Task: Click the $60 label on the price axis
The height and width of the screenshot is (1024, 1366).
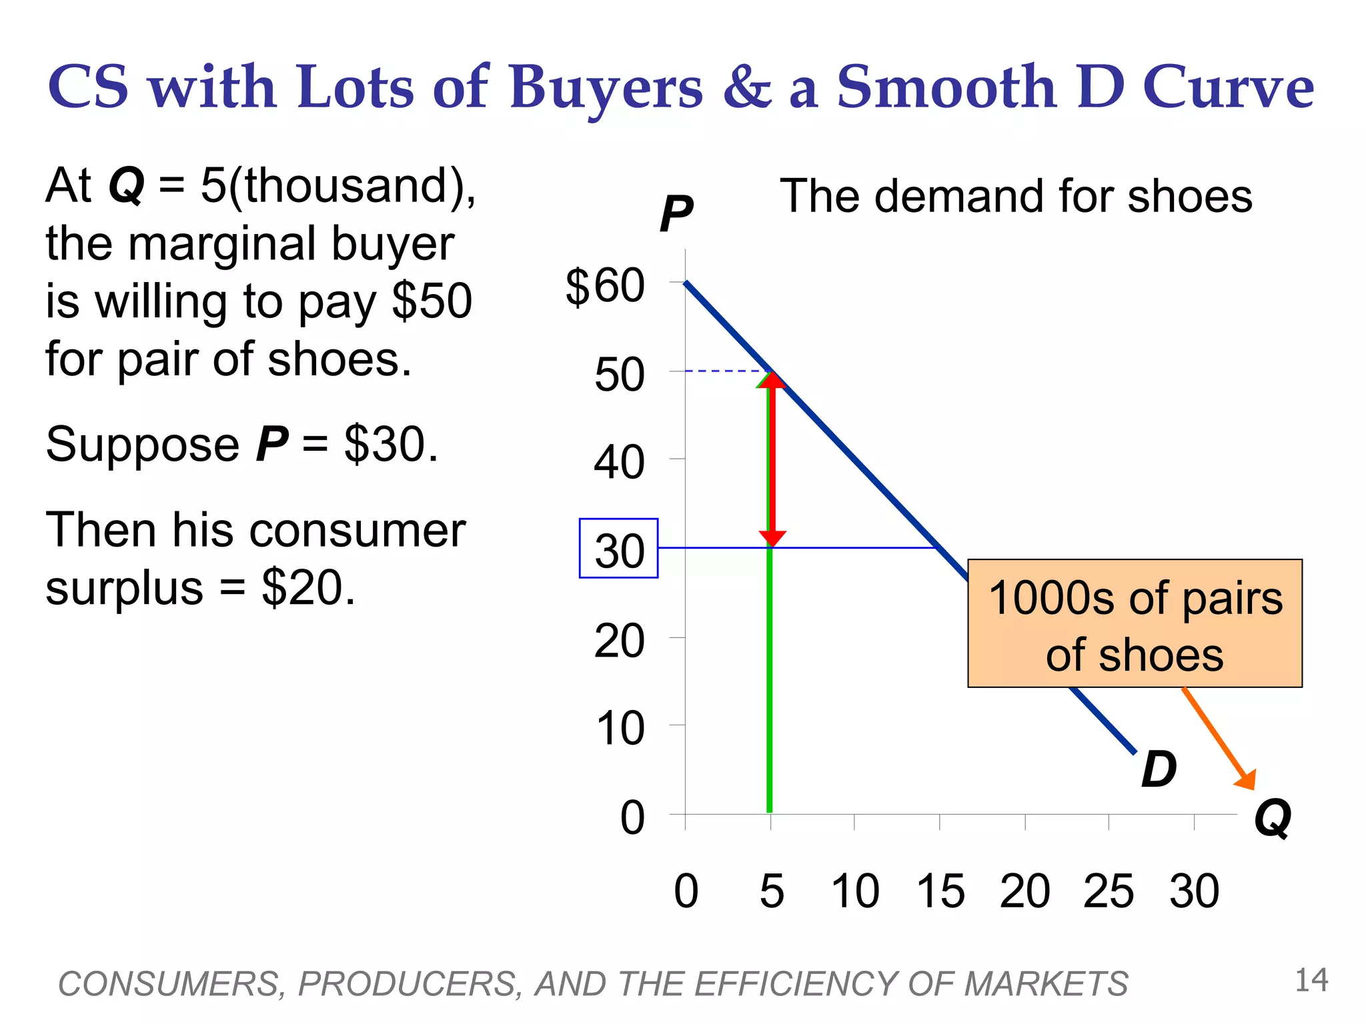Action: click(x=605, y=287)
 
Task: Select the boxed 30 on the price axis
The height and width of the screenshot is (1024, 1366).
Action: click(x=618, y=548)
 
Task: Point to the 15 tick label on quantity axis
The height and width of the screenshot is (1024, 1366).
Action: click(x=940, y=891)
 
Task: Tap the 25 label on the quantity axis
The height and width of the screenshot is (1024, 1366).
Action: click(x=1108, y=891)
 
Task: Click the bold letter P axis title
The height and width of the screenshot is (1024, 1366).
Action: click(x=676, y=215)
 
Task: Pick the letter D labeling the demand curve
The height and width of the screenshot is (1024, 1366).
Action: click(x=1159, y=769)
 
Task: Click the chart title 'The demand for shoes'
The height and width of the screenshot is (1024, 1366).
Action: click(x=1016, y=196)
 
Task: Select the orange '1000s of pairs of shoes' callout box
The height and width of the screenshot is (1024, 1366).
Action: click(x=1135, y=623)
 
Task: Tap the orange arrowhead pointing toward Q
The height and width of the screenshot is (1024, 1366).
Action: click(x=1246, y=780)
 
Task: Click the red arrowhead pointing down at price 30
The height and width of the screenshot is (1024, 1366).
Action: click(x=772, y=538)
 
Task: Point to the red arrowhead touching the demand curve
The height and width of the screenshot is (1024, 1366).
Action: click(x=772, y=380)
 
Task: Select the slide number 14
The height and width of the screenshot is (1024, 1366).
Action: click(x=1311, y=981)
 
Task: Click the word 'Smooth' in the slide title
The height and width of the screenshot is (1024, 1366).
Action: click(x=946, y=87)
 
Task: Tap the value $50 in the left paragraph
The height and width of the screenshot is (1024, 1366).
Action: click(x=432, y=301)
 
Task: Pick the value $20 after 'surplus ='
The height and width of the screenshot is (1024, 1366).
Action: click(x=308, y=587)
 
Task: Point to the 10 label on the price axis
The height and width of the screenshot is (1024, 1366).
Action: click(x=619, y=728)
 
